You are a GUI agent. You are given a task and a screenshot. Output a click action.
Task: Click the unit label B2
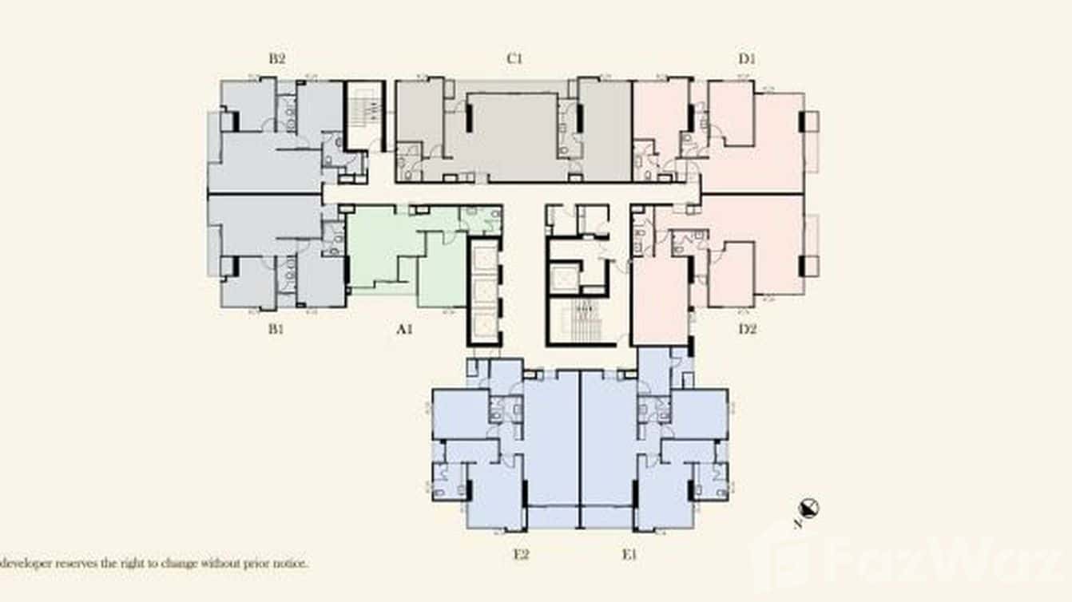pyautogui.click(x=277, y=58)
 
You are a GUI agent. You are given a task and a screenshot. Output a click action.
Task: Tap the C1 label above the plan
pyautogui.click(x=514, y=58)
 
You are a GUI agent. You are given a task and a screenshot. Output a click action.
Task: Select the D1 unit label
pyautogui.click(x=747, y=58)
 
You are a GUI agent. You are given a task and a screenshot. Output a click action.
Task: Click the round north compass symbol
pyautogui.click(x=810, y=508)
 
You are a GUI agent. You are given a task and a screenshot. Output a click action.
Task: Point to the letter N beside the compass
pyautogui.click(x=798, y=525)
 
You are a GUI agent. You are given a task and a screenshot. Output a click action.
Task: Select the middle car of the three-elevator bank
pyautogui.click(x=483, y=290)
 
